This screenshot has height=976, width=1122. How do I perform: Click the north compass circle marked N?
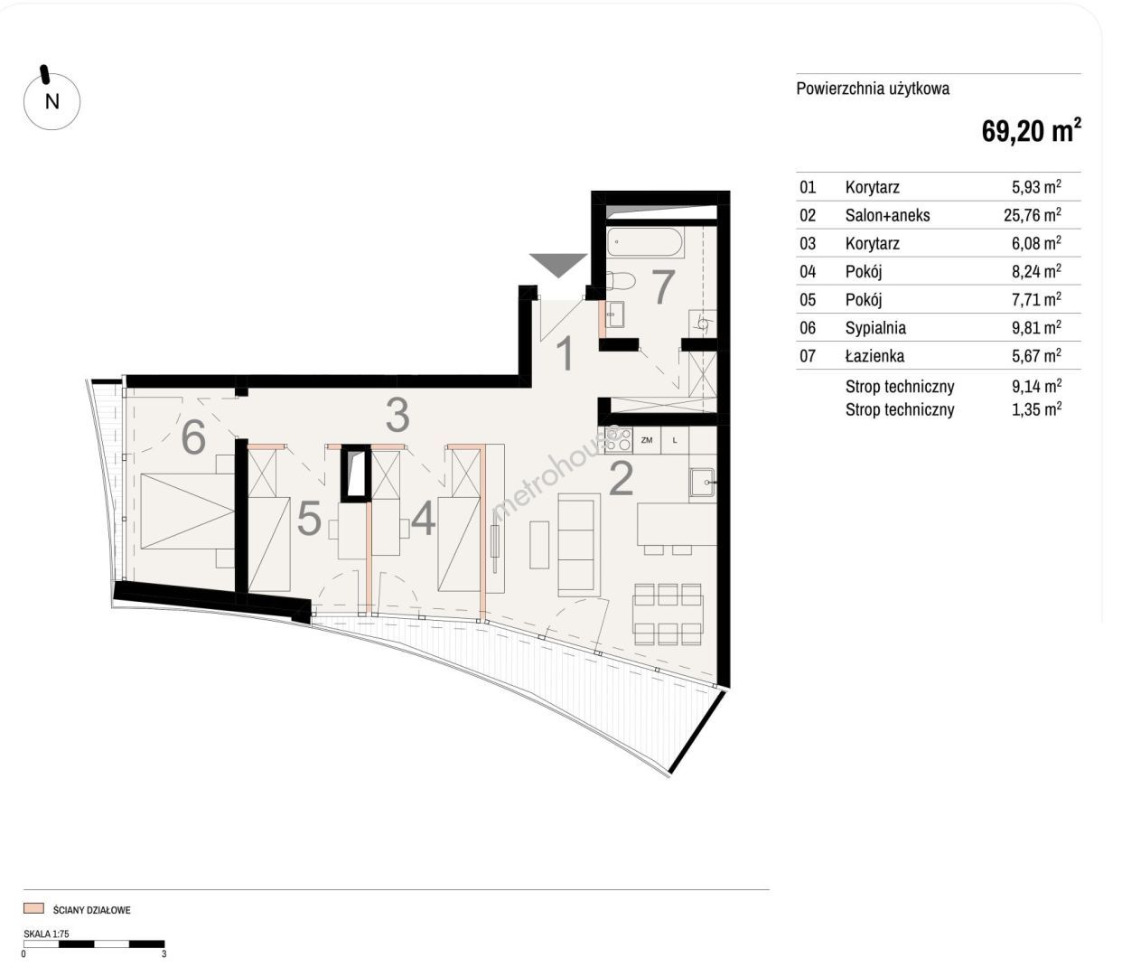(52, 101)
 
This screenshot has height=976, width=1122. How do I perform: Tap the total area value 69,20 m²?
(1031, 132)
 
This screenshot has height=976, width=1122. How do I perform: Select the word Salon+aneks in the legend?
(887, 215)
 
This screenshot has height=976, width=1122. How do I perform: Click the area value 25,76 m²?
(1032, 214)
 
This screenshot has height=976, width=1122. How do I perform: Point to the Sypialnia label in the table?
(875, 327)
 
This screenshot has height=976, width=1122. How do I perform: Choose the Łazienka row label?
(874, 355)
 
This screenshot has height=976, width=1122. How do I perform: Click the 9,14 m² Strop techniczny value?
(1036, 386)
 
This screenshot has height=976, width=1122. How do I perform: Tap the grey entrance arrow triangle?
(558, 266)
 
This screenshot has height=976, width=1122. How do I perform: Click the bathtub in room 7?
(645, 242)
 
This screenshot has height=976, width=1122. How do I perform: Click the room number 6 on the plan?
(193, 437)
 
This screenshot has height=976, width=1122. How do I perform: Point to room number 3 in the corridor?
(397, 416)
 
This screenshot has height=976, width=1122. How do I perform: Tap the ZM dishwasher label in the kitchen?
(647, 440)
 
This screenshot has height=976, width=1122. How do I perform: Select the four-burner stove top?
(619, 440)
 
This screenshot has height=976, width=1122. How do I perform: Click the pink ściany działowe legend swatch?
(33, 908)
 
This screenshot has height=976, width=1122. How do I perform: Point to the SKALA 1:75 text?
(46, 934)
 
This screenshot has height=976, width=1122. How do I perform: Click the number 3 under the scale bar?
(164, 954)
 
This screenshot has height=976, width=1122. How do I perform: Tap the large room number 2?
(622, 479)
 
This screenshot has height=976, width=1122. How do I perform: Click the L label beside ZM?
(675, 440)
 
